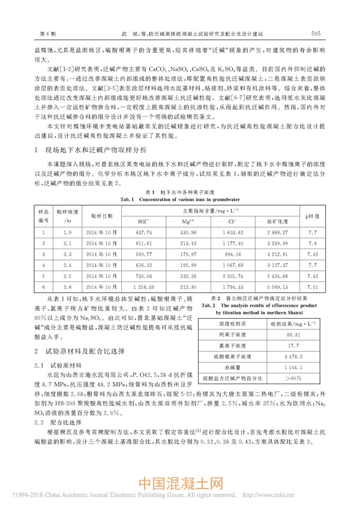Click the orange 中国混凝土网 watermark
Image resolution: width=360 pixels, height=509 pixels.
[180, 482]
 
